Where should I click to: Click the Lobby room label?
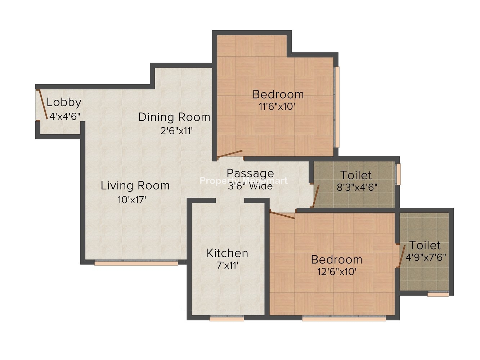tap(64, 103)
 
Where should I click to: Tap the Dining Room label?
tap(174, 117)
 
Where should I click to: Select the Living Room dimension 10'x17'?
tap(132, 200)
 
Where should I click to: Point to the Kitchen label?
tap(227, 253)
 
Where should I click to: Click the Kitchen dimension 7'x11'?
tap(227, 265)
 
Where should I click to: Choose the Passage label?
tap(250, 173)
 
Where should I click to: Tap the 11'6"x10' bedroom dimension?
tap(277, 107)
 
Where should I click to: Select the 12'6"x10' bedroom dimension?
tap(337, 272)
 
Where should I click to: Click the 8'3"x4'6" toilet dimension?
tap(357, 187)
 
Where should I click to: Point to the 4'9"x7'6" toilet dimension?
tap(426, 257)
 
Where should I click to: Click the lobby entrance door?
tap(43, 104)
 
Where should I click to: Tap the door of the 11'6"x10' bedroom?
tap(230, 154)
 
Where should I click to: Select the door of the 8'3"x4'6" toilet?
tap(316, 196)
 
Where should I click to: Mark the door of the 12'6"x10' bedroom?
tap(282, 215)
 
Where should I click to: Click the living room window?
tap(136, 262)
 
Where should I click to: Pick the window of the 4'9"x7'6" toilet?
tap(438, 294)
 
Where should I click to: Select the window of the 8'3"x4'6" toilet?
tap(398, 174)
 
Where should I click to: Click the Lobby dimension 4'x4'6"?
tap(65, 117)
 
